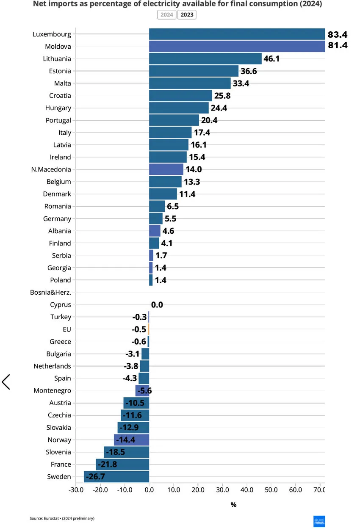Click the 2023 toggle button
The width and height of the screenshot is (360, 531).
pyautogui.click(x=187, y=15)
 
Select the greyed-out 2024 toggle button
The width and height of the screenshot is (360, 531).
pyautogui.click(x=166, y=15)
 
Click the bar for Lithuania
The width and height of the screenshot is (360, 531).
pyautogui.click(x=205, y=58)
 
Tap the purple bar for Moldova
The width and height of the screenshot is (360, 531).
pyautogui.click(x=237, y=46)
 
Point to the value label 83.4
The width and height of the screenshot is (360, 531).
pyautogui.click(x=338, y=34)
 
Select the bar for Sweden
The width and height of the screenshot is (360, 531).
pyautogui.click(x=116, y=477)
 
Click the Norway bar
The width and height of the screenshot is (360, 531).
pyautogui.click(x=131, y=440)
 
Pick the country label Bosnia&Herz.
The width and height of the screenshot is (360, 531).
pyautogui.click(x=50, y=292)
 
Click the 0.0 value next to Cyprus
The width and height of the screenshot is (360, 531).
pyautogui.click(x=157, y=305)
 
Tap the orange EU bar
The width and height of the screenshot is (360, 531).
pyautogui.click(x=149, y=329)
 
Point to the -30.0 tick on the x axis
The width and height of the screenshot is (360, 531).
pyautogui.click(x=76, y=490)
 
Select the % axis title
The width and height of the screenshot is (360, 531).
pyautogui.click(x=233, y=505)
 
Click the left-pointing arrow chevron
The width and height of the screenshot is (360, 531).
pyautogui.click(x=6, y=382)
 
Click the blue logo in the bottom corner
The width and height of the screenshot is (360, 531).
pyautogui.click(x=319, y=521)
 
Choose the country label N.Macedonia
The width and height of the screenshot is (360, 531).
pyautogui.click(x=51, y=169)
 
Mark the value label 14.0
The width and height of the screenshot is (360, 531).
pyautogui.click(x=194, y=169)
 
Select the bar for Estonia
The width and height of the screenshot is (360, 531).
pyautogui.click(x=194, y=71)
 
